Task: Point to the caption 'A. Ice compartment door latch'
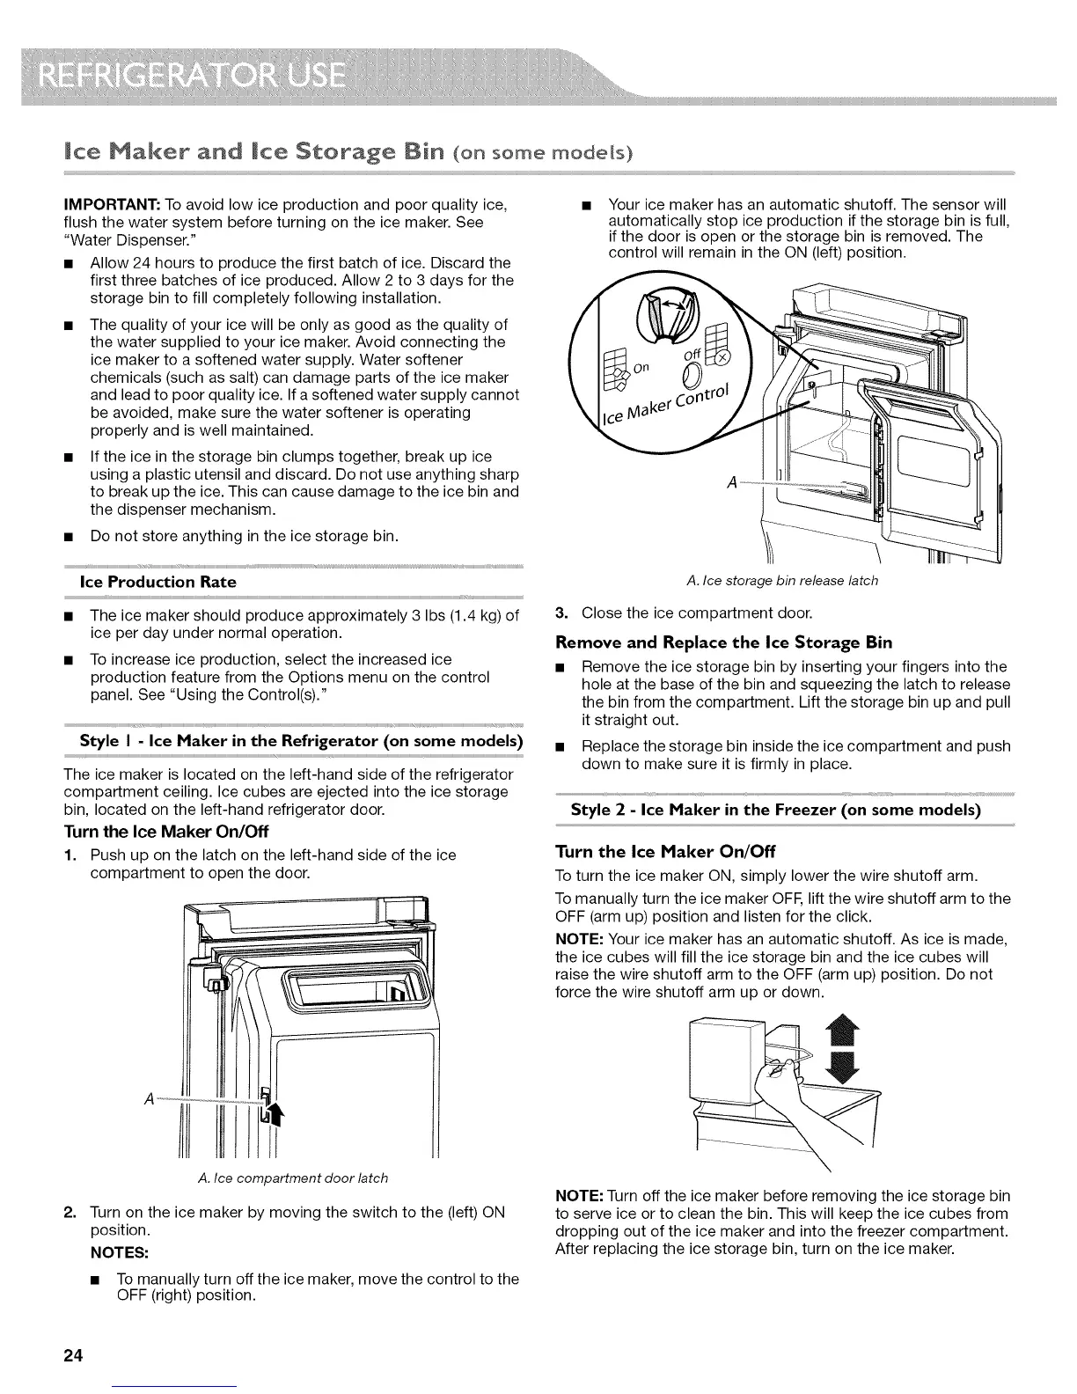point(288,1178)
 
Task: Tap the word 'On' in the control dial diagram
point(641,366)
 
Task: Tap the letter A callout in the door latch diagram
point(149,1100)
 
